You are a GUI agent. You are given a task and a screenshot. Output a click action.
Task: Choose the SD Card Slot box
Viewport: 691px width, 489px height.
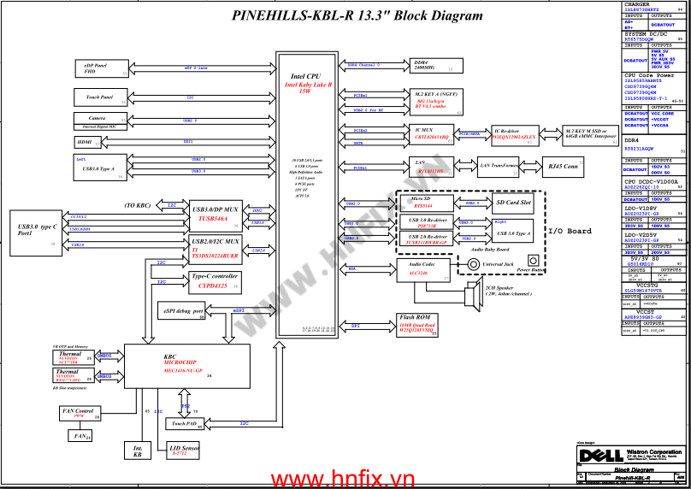pos(514,203)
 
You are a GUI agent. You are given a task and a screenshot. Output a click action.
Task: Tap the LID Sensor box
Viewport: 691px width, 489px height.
pos(186,450)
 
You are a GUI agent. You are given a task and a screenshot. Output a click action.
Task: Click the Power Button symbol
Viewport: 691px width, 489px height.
pos(534,260)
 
